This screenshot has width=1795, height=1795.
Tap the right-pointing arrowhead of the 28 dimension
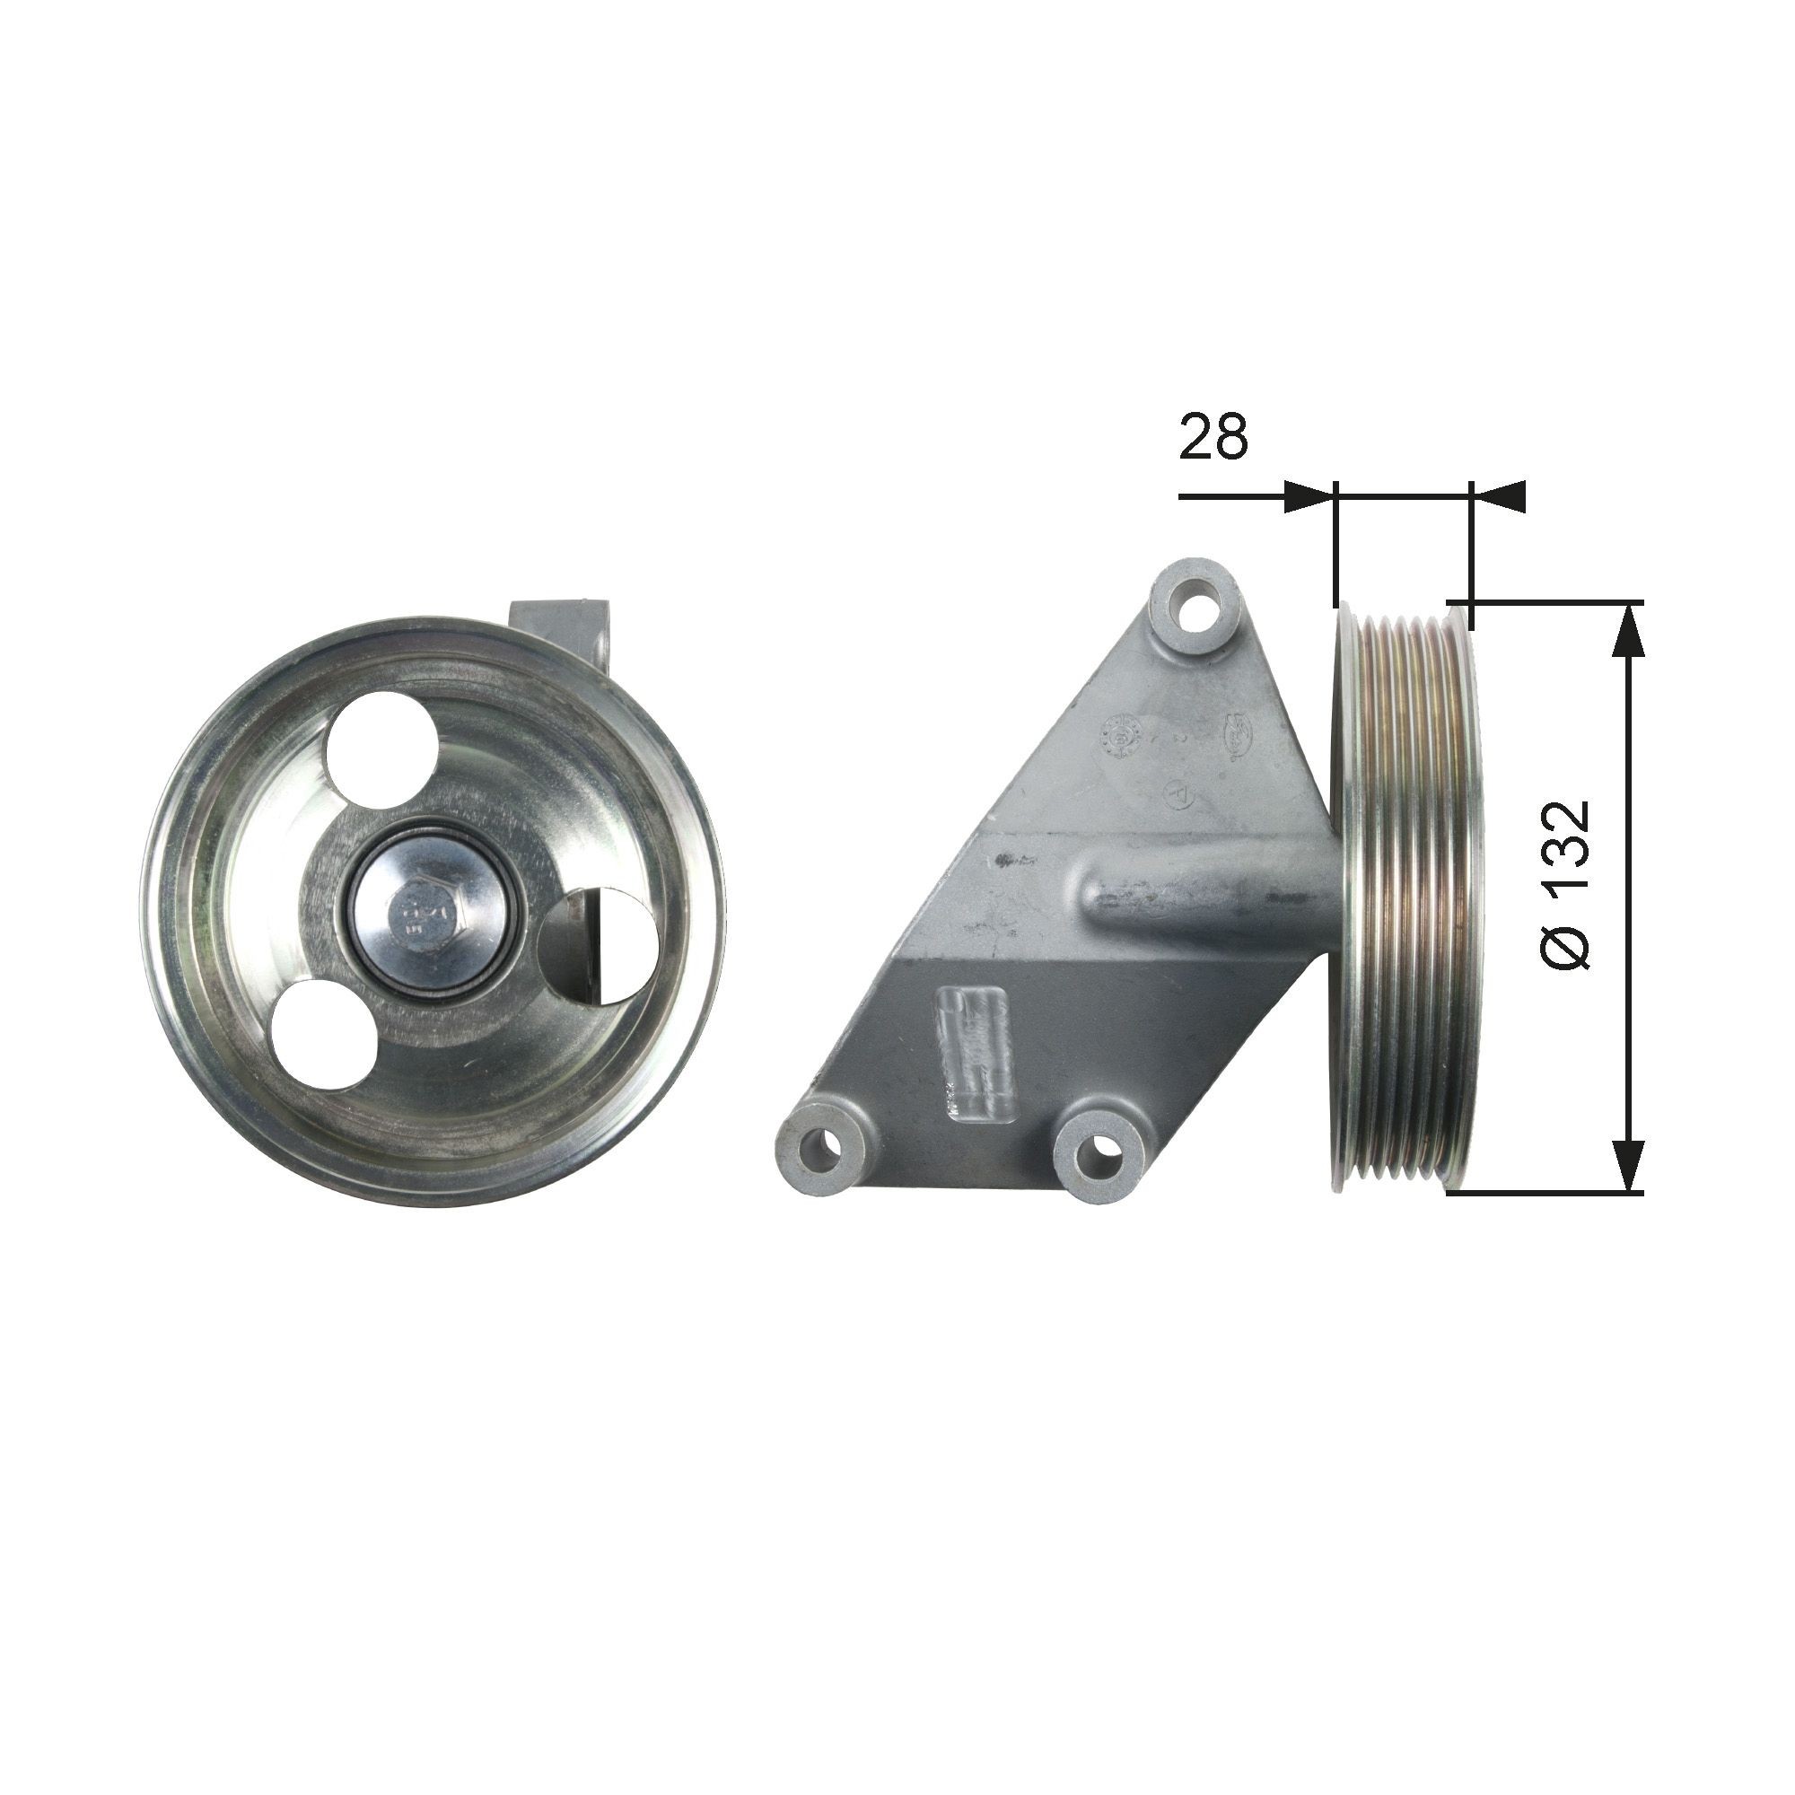pyautogui.click(x=1309, y=496)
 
